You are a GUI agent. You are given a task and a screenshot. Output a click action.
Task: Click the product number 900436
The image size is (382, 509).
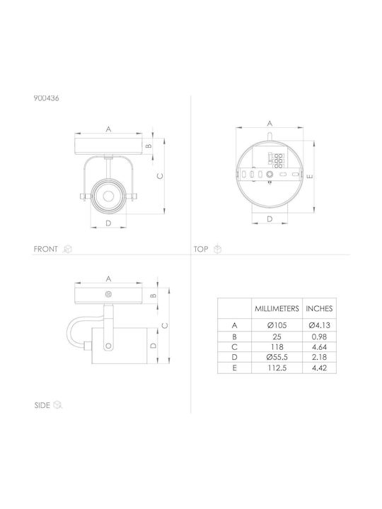[x=46, y=98]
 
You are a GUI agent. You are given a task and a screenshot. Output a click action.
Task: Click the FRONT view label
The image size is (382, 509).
[x=45, y=249]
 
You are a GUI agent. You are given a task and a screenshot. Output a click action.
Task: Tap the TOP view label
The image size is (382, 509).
[x=201, y=249]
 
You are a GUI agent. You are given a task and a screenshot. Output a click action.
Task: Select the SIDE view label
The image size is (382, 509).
[x=42, y=405]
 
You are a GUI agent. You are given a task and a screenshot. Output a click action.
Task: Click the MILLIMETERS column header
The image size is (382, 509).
[x=277, y=308]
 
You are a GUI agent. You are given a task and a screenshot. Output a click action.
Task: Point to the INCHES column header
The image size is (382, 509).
[x=319, y=308]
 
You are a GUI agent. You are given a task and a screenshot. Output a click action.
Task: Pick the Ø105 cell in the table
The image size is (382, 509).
[x=277, y=325]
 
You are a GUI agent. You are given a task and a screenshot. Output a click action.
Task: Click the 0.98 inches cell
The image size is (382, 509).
[x=319, y=337]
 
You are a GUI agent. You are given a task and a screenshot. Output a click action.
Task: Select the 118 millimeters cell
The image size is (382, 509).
[x=277, y=347]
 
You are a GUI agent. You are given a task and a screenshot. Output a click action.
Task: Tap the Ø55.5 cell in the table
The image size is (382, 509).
[x=277, y=357]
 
